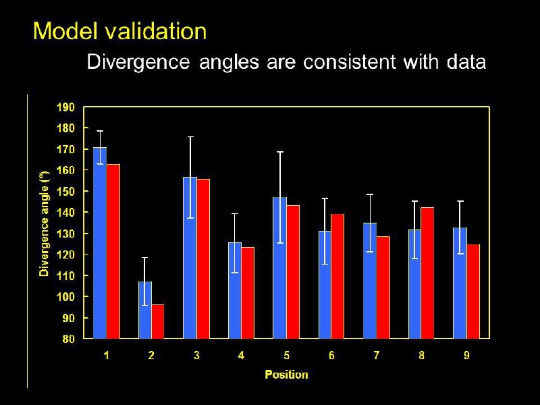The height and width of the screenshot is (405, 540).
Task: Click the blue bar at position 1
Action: (x=100, y=243)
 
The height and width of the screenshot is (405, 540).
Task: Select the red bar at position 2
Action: (x=158, y=321)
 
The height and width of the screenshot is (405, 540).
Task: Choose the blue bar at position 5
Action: (x=279, y=268)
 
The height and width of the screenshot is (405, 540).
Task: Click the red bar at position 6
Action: (x=338, y=277)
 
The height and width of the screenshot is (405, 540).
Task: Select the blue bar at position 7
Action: (x=370, y=281)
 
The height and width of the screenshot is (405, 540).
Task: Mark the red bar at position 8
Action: (x=428, y=273)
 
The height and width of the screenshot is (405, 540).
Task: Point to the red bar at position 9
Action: (x=473, y=291)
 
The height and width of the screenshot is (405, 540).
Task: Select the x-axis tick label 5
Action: (x=286, y=356)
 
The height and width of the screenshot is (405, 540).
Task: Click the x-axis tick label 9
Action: (x=466, y=356)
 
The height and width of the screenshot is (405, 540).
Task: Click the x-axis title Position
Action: (x=286, y=375)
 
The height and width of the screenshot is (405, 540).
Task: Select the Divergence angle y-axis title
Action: (x=45, y=223)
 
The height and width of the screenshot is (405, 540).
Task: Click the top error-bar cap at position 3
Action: (x=190, y=137)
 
